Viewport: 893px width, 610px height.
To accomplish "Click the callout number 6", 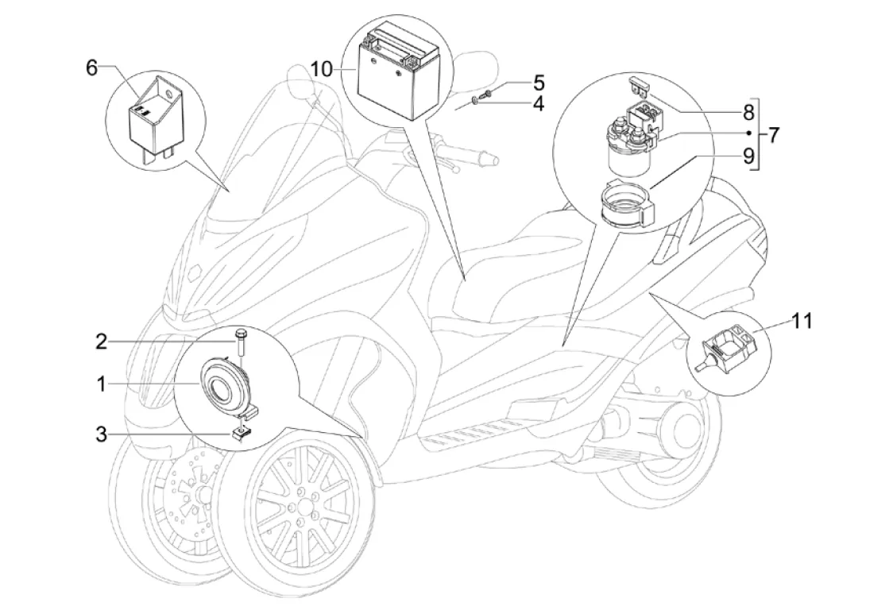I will tap(92, 68).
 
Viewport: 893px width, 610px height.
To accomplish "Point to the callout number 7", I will tap(774, 134).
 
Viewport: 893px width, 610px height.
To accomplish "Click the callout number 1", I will tap(102, 384).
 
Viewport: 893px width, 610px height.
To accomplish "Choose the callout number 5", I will tap(538, 82).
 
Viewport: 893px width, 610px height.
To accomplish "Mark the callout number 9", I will tap(748, 156).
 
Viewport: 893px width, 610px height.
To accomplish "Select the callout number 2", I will tap(101, 342).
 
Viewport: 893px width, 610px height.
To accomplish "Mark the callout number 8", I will tap(748, 111).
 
